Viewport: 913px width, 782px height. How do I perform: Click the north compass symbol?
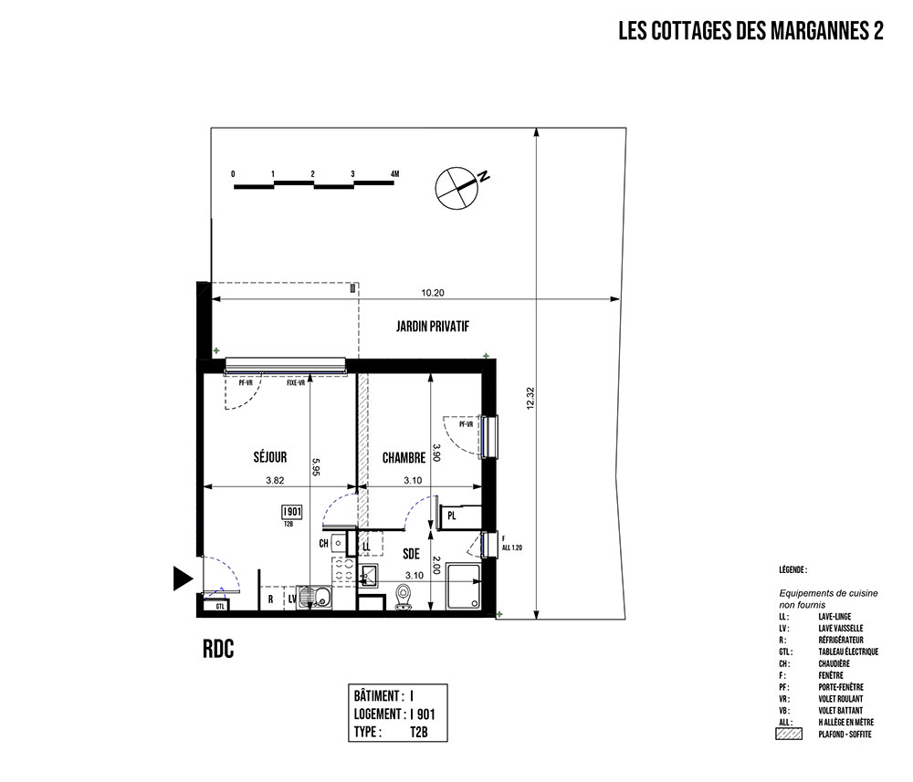(456, 187)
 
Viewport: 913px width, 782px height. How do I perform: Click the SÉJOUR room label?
(270, 457)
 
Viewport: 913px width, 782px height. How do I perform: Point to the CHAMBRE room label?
(404, 457)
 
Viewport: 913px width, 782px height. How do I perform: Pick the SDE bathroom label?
(411, 553)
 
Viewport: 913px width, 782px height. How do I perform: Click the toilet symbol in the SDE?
(404, 598)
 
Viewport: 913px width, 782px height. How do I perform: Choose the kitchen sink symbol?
(320, 599)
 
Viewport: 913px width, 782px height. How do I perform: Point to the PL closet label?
(452, 517)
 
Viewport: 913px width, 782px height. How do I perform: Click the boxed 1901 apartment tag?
(292, 512)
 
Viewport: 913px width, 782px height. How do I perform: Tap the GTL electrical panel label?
(220, 606)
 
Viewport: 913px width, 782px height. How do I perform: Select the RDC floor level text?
(219, 649)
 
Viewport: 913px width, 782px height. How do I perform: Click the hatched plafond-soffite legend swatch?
(787, 733)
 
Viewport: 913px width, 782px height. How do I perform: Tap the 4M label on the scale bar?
(394, 172)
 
